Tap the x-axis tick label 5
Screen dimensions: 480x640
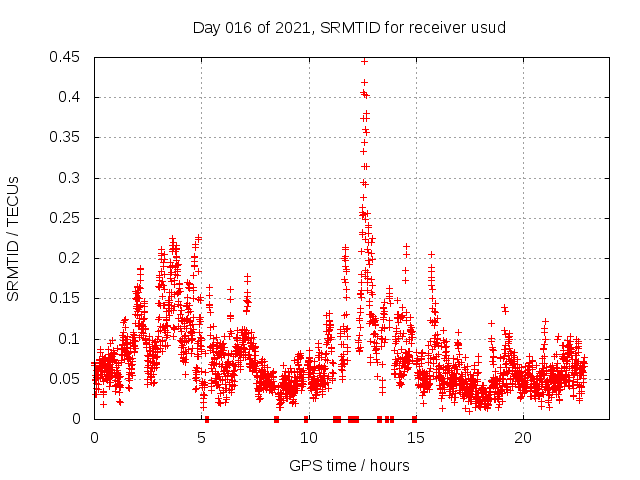click(x=201, y=438)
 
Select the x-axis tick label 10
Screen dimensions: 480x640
click(x=308, y=438)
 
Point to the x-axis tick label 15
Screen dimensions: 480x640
click(x=415, y=438)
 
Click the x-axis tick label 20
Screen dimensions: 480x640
click(x=522, y=438)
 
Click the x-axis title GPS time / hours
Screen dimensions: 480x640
click(x=349, y=465)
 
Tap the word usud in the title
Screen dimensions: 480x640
click(x=490, y=28)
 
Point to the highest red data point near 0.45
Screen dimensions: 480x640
click(x=364, y=61)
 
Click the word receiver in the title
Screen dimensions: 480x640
click(x=440, y=28)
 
